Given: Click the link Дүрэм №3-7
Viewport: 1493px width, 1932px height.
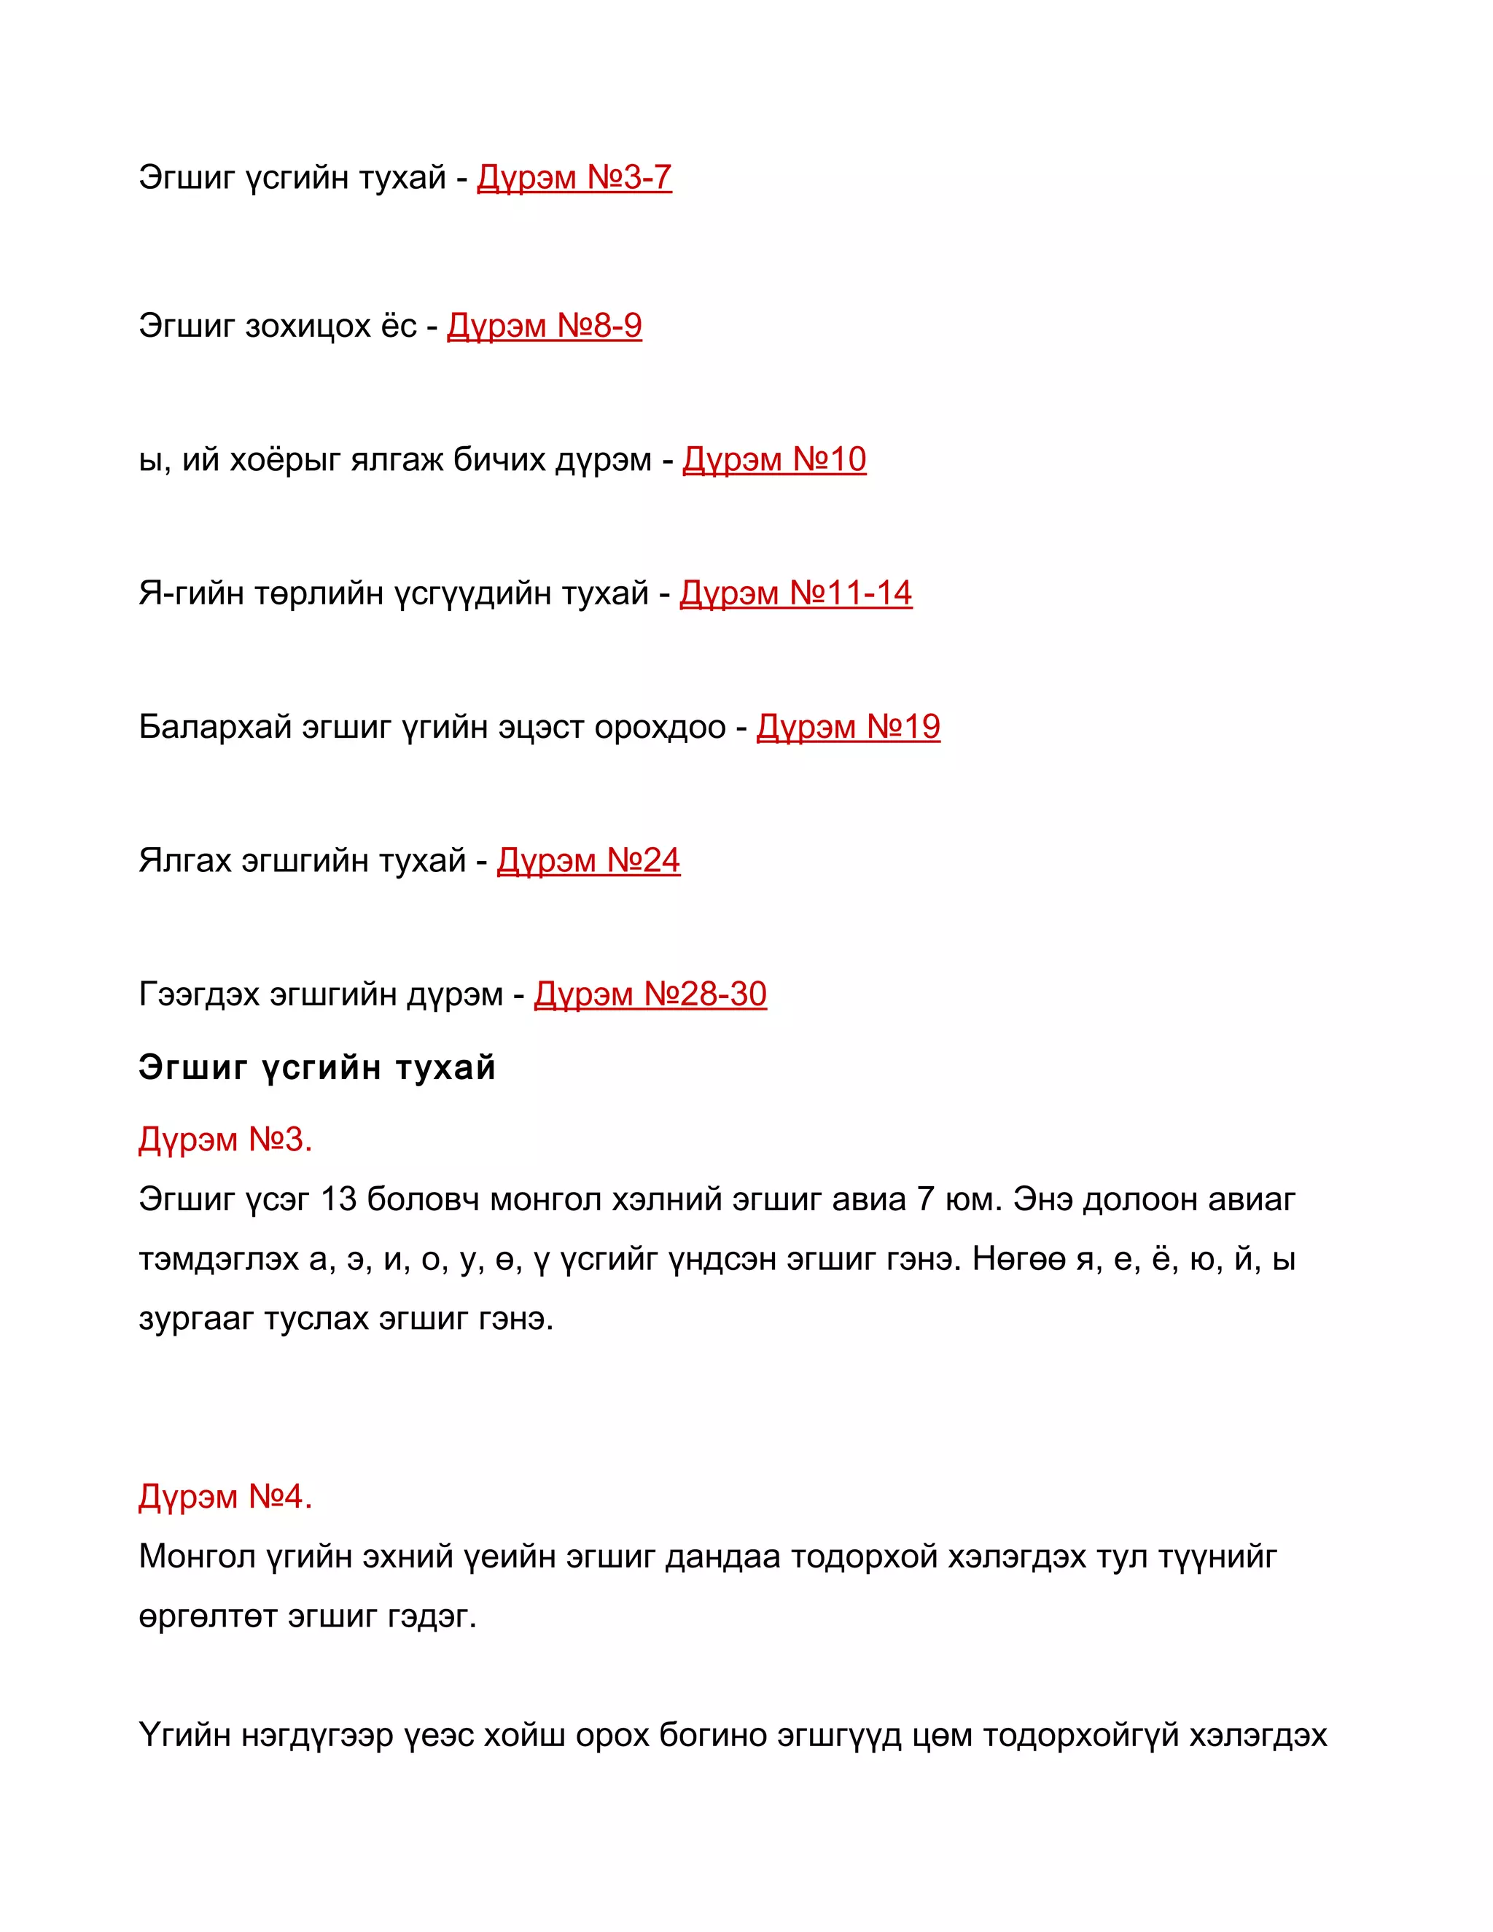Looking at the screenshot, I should coord(574,178).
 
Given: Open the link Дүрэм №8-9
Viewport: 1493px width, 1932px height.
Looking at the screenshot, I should coord(544,327).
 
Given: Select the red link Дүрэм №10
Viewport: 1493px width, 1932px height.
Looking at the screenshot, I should coord(774,460).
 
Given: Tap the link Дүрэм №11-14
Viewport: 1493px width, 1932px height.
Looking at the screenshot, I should coord(795,593).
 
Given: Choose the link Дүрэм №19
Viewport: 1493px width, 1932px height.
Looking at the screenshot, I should coord(849,727).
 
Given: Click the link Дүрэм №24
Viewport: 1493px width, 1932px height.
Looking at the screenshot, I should coord(588,861).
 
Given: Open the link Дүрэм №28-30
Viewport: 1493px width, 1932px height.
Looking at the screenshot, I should coord(650,994).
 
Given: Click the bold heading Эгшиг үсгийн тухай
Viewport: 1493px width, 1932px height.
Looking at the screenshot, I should coord(316,1068).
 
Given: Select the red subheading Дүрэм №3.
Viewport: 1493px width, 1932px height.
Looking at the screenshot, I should coord(225,1140).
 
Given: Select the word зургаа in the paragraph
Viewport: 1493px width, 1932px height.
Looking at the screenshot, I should coord(195,1320).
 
